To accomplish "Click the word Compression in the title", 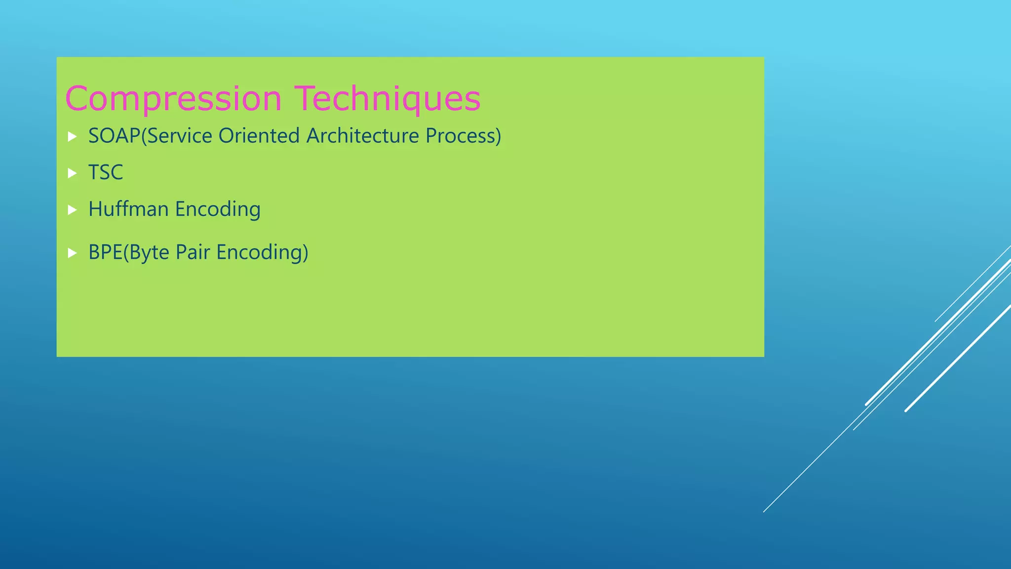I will tap(173, 99).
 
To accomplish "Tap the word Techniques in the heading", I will tap(388, 98).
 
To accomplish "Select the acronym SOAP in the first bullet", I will tap(114, 136).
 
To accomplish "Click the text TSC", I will tap(106, 172).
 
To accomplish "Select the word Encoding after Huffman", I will tap(218, 209).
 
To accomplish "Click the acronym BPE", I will tap(105, 252).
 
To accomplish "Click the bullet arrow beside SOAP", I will tap(72, 136).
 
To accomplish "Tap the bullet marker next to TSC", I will tap(72, 173).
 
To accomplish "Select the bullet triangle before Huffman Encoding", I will tap(72, 210).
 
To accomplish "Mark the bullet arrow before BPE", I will tap(72, 253).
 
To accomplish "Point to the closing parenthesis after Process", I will tap(498, 136).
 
